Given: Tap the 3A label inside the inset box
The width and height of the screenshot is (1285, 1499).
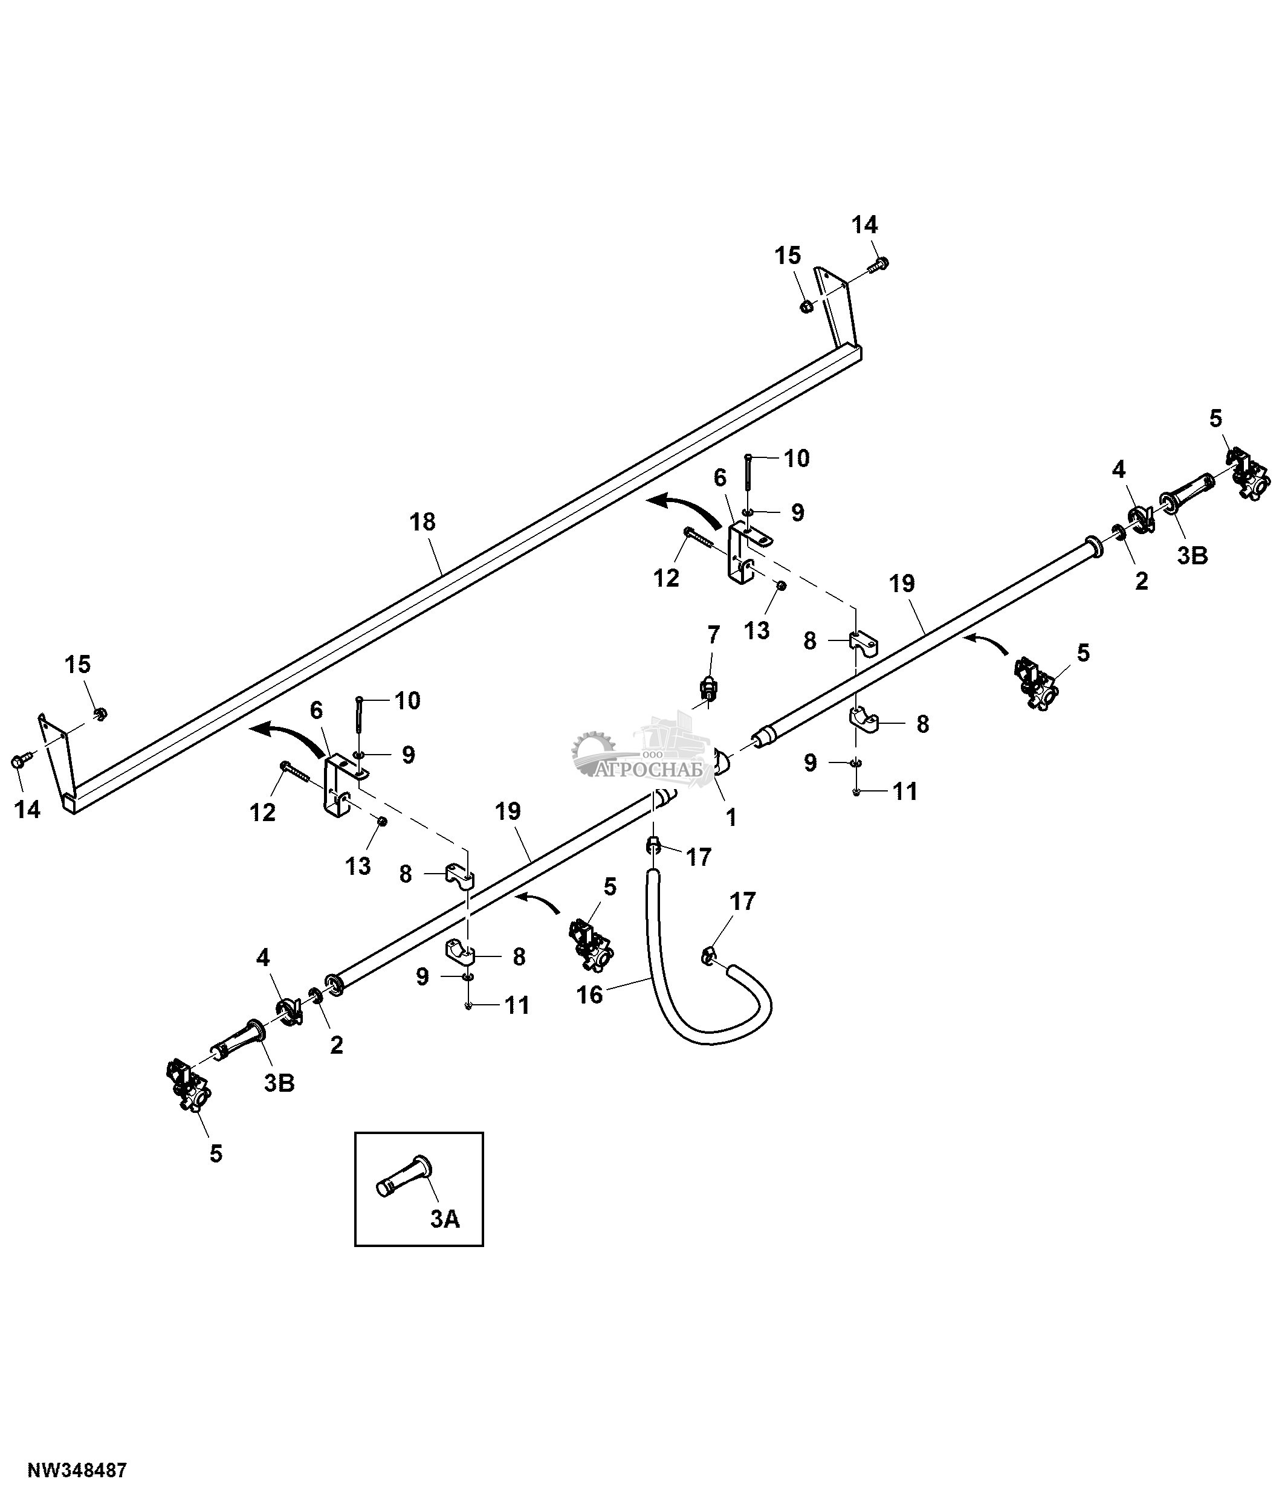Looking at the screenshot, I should (445, 1219).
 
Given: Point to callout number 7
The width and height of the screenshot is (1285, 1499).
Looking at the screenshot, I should (713, 635).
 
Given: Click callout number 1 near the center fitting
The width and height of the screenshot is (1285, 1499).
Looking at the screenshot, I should (731, 817).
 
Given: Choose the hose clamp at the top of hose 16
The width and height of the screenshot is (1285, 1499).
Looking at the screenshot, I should (653, 845).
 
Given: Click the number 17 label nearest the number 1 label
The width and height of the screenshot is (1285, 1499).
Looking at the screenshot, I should (699, 857).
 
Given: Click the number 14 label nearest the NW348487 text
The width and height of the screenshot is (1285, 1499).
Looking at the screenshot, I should (27, 809).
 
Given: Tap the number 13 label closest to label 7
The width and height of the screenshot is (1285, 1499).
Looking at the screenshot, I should (757, 630).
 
